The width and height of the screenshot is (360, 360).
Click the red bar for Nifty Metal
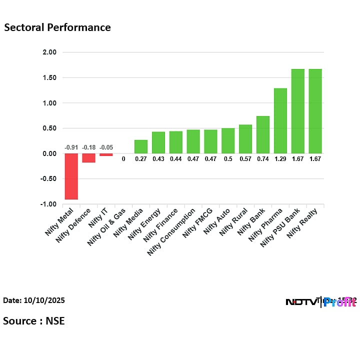tap(71, 176)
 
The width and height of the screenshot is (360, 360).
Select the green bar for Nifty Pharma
tap(280, 120)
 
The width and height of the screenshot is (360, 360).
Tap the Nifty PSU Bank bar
tap(297, 111)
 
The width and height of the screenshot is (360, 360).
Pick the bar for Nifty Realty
tap(315, 111)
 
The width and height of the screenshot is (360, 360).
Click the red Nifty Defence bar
tap(89, 158)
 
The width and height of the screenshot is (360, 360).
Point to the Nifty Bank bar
tap(262, 134)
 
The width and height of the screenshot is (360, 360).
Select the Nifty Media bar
tap(141, 146)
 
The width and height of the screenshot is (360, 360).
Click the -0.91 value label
tap(71, 147)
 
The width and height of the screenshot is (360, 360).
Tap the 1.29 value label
tap(280, 159)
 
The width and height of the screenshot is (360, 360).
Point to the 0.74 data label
tap(262, 159)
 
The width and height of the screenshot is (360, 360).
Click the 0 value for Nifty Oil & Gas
tap(123, 159)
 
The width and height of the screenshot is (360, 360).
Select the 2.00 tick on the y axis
tap(49, 52)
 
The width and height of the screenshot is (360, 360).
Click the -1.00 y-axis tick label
tap(48, 204)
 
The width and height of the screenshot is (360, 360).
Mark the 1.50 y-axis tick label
tap(49, 77)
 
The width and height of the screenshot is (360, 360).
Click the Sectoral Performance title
tap(57, 27)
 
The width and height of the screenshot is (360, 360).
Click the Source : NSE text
tap(34, 320)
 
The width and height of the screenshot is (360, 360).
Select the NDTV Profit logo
tap(320, 302)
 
